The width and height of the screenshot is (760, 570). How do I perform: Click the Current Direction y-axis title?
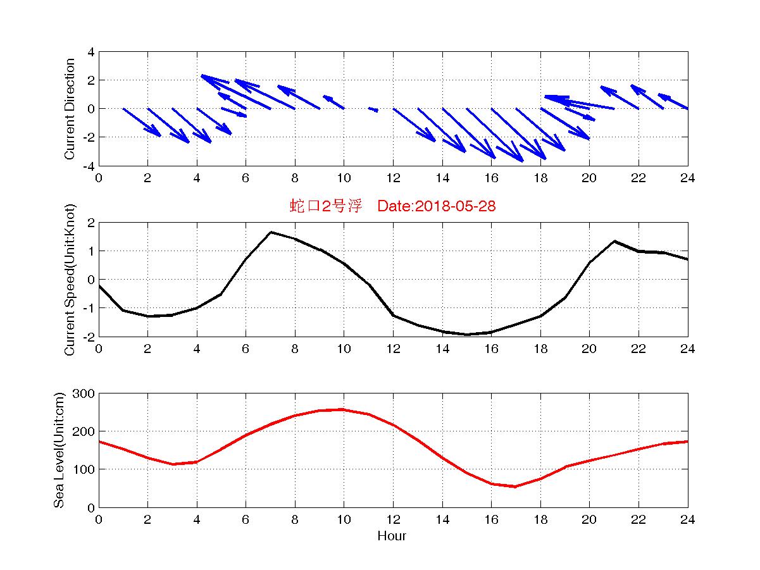click(70, 109)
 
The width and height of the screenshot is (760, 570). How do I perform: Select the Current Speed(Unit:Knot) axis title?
click(70, 280)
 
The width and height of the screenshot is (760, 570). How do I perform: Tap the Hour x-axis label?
click(392, 536)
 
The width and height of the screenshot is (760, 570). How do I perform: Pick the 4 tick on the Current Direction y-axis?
click(91, 52)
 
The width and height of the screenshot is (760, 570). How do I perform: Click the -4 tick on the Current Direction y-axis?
click(89, 166)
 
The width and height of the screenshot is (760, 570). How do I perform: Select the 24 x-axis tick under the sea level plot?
click(687, 520)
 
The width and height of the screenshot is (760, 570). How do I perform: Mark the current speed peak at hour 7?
click(271, 232)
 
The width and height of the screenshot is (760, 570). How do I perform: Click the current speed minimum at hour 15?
click(467, 334)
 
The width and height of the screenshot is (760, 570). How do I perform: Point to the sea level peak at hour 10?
click(343, 409)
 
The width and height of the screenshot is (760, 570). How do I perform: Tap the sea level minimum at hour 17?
click(516, 486)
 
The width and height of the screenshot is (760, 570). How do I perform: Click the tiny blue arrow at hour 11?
click(373, 109)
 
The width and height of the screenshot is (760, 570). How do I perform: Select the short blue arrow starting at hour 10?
click(333, 102)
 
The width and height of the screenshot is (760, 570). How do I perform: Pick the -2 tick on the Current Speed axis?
click(89, 337)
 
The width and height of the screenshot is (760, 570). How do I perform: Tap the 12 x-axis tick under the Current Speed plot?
click(393, 349)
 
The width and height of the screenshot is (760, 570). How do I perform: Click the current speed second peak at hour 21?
click(614, 241)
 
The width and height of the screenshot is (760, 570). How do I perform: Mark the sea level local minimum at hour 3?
click(173, 464)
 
